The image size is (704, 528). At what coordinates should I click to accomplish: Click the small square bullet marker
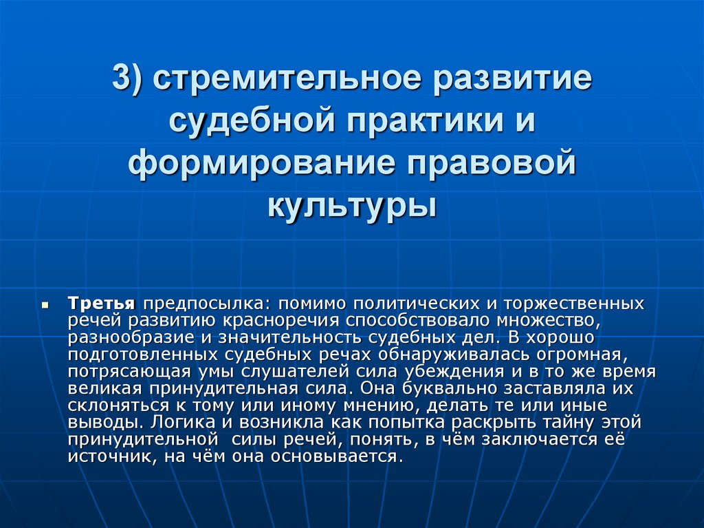pos(45,304)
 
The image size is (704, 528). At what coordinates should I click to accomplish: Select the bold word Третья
pos(102,304)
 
